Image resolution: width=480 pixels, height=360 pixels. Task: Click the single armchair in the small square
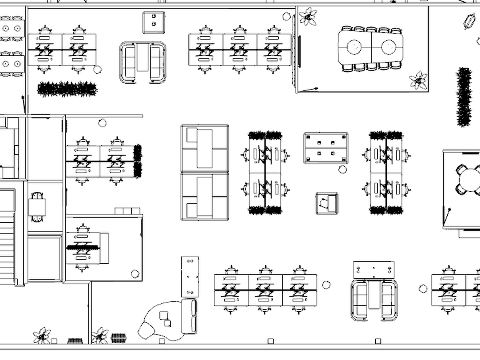[x=327, y=203]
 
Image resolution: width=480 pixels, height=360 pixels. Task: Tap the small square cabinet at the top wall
[x=154, y=22]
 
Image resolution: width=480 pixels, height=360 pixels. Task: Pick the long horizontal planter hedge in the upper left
[x=67, y=89]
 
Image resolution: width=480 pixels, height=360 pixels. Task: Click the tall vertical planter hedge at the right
[x=464, y=96]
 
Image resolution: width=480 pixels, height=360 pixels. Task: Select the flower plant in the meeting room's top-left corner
[x=308, y=17]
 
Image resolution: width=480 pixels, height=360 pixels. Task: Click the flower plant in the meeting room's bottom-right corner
[x=419, y=80]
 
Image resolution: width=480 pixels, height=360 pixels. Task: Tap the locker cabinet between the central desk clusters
[x=326, y=148]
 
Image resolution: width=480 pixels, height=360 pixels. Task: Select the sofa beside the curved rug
[x=189, y=316]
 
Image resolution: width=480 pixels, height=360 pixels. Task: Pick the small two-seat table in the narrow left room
[x=37, y=207]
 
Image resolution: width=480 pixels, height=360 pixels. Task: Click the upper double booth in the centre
[x=204, y=148]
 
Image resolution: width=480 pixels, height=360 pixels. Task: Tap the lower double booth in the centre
[x=204, y=196]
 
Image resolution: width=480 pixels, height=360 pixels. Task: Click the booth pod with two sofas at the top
[x=143, y=62]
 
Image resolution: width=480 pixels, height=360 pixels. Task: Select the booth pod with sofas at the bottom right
[x=374, y=300]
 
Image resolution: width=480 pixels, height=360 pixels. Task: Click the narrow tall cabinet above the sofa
[x=190, y=276]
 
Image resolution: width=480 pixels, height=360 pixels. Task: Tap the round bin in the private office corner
[x=135, y=274]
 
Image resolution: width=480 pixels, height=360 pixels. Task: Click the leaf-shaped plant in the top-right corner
[x=469, y=21]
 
